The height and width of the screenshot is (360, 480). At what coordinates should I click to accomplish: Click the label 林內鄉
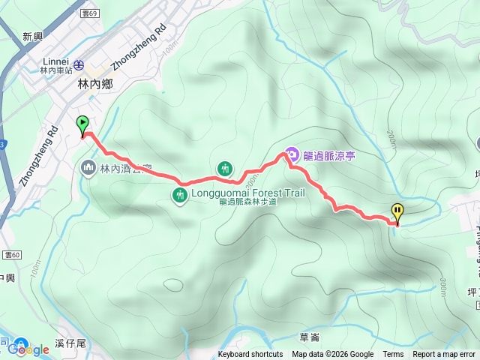[x=95, y=85]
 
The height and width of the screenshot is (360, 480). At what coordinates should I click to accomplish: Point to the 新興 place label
[x=33, y=36]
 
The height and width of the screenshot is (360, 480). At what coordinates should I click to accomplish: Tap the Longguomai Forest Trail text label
[x=248, y=193]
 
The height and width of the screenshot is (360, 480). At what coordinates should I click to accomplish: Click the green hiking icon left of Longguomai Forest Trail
[x=180, y=196]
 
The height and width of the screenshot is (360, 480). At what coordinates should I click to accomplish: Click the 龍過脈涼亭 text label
[x=329, y=156]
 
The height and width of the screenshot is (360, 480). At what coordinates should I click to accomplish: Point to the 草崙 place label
[x=309, y=337]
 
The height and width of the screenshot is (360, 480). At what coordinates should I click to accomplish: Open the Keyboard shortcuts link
[x=250, y=355]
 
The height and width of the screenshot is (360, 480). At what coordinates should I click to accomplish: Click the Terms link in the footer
[x=393, y=355]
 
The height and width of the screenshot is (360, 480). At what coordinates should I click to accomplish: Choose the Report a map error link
[x=445, y=355]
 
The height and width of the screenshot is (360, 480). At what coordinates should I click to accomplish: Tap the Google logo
[x=28, y=349]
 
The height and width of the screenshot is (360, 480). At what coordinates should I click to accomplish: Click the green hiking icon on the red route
[x=225, y=169]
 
